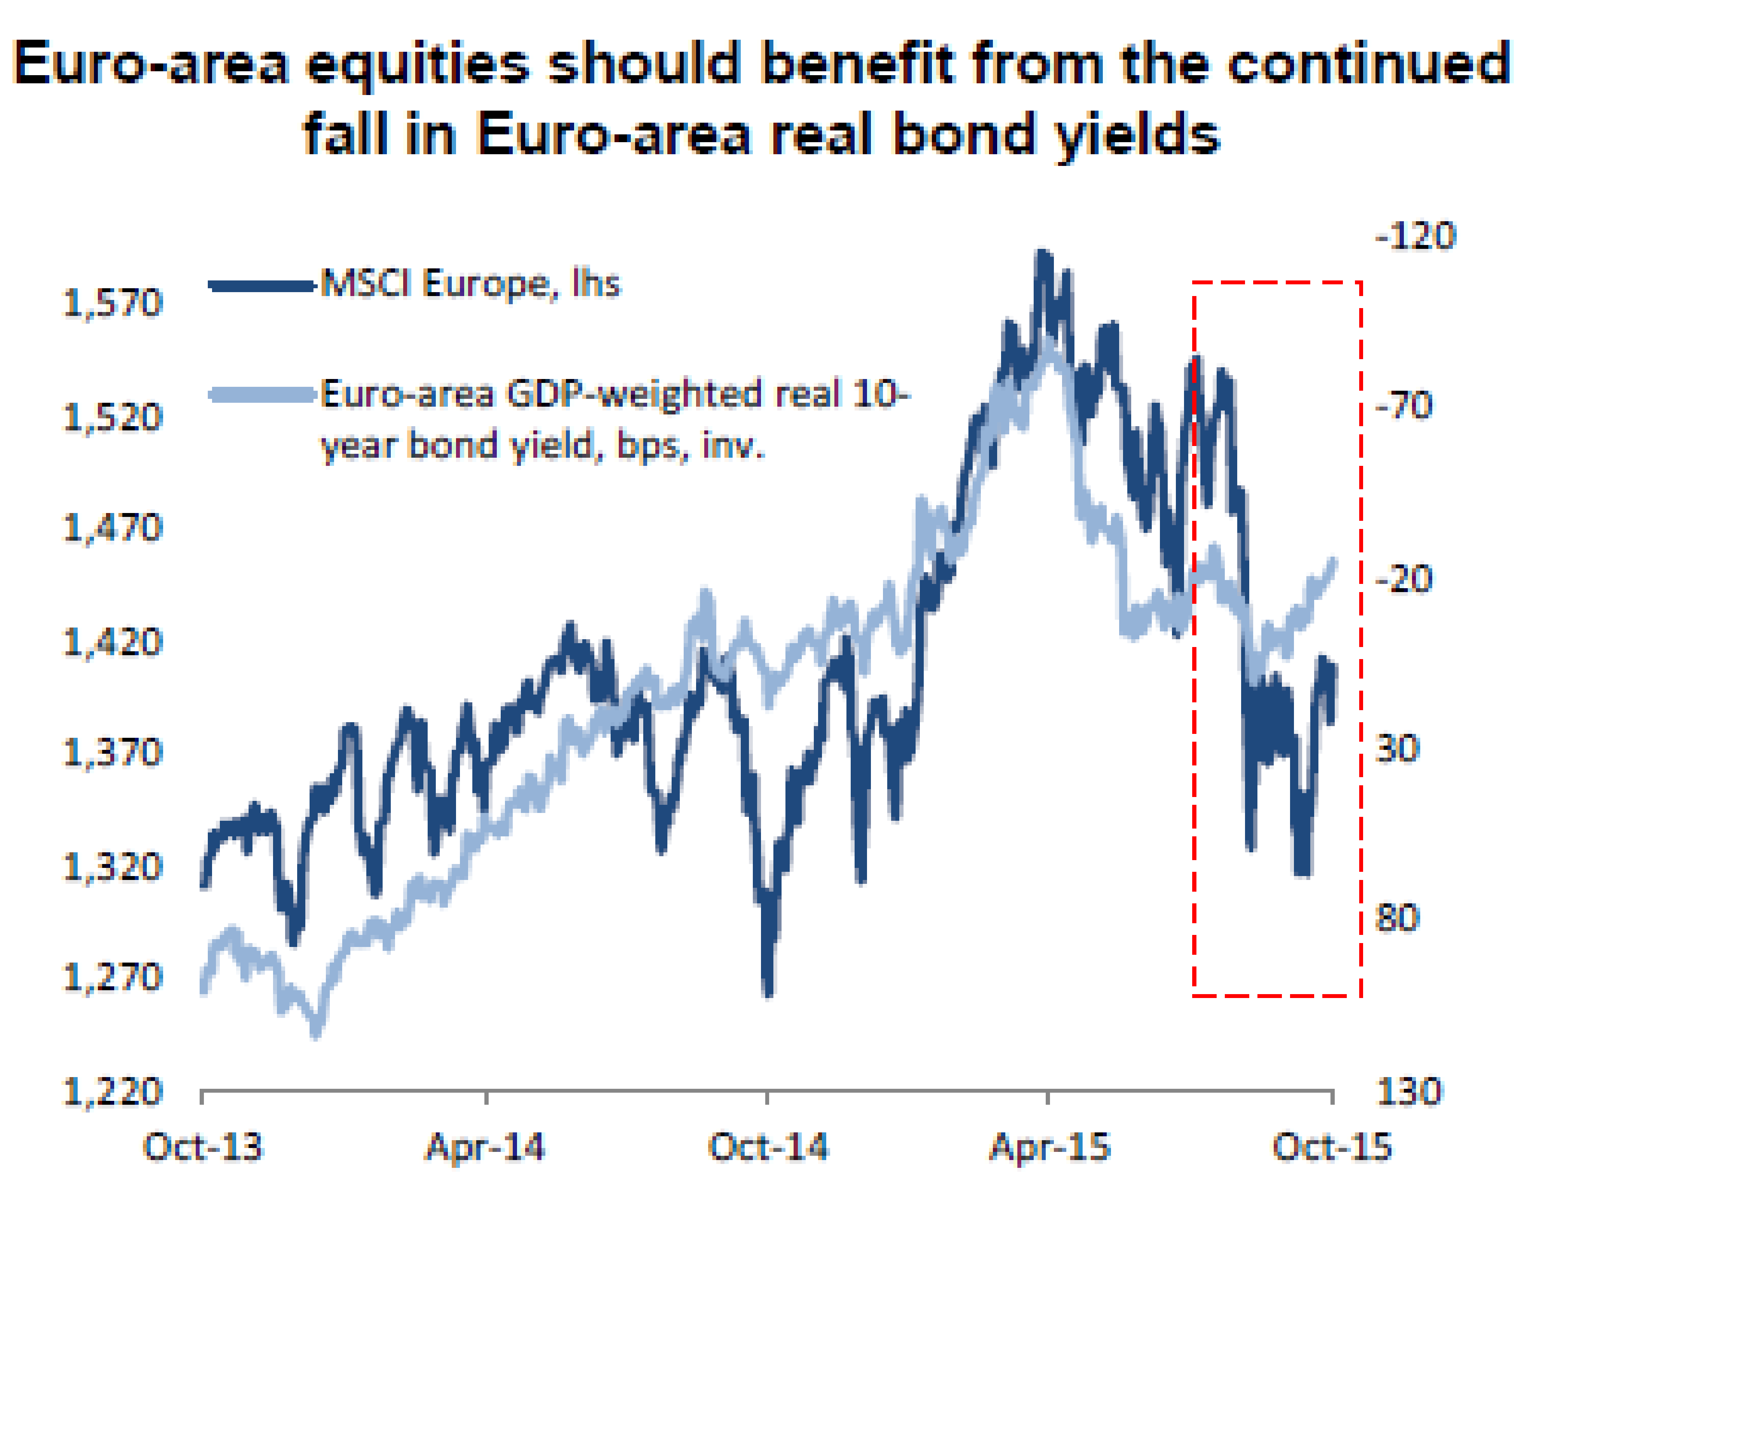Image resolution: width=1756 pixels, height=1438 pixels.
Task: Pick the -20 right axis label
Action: click(1404, 578)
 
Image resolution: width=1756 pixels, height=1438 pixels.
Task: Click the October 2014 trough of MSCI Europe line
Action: click(768, 992)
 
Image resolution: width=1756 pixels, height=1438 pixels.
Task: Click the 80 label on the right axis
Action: click(1397, 918)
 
